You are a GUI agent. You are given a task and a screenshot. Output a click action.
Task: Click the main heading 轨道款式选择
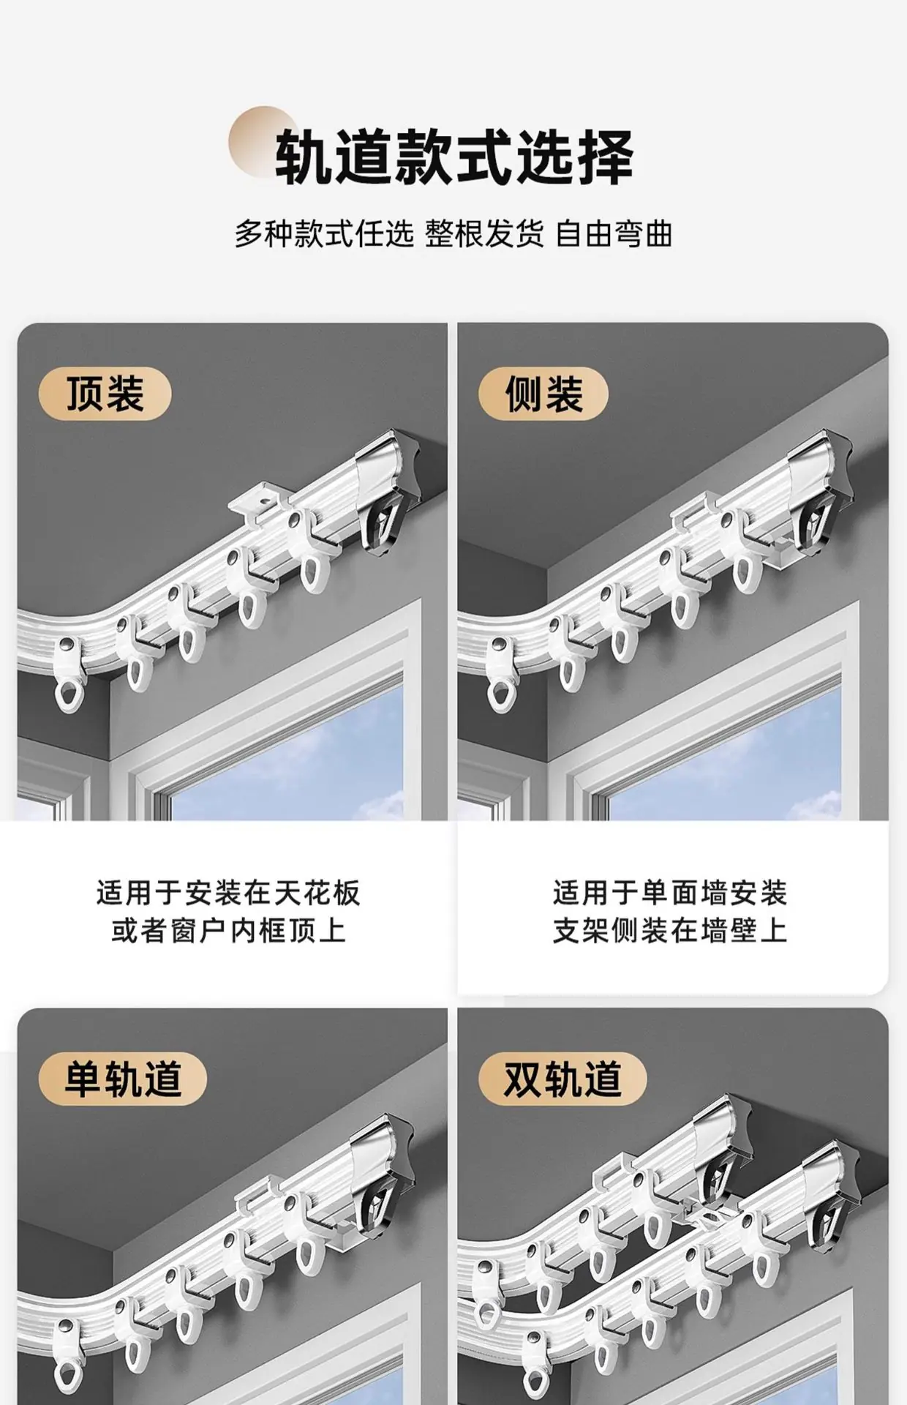coord(453,157)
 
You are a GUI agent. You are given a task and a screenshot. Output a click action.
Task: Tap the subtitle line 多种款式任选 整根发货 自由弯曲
coord(453,235)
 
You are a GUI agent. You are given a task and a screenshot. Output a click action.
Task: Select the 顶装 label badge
coord(105,394)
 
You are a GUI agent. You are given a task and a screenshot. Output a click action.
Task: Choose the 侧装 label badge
coord(543,394)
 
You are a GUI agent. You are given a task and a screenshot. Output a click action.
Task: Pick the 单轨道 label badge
coord(123,1079)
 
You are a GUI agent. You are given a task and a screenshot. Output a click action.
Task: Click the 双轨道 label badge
coord(562,1079)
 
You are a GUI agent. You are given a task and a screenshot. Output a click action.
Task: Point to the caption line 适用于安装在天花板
coord(228,893)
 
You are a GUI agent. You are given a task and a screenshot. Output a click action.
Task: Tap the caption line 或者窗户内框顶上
coord(228,931)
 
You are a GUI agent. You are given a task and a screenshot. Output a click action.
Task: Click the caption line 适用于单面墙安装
coord(669,893)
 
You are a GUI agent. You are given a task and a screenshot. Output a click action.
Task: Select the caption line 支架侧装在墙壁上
coord(669,931)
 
